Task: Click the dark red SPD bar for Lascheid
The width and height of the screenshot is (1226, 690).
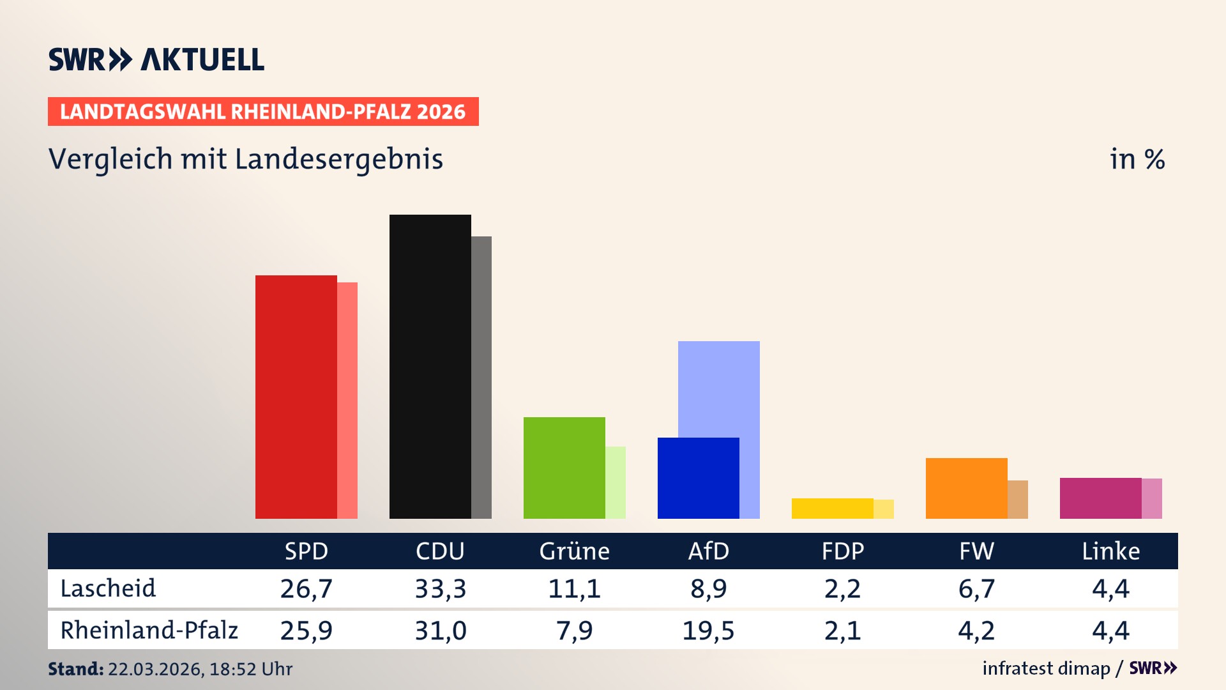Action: point(296,396)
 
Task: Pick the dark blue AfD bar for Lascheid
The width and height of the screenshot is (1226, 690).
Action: point(698,478)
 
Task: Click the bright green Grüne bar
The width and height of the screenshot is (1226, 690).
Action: point(564,468)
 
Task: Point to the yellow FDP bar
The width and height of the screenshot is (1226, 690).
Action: point(832,508)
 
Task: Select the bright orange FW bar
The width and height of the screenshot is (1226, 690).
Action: point(966,488)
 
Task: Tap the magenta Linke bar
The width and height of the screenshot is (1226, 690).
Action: point(1100,498)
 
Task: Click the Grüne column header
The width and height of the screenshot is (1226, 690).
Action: point(574,551)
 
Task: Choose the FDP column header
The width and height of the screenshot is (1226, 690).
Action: point(842,551)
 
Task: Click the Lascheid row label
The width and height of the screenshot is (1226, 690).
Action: point(108,588)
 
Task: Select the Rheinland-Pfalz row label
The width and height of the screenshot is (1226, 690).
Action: point(149,630)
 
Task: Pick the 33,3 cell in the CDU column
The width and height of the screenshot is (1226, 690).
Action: point(440,588)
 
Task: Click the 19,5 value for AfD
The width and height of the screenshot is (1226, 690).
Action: point(708,631)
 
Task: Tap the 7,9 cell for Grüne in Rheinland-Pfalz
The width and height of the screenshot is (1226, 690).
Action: point(574,631)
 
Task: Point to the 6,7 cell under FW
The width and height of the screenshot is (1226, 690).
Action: point(976,588)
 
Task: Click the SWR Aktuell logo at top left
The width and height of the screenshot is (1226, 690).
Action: point(156,59)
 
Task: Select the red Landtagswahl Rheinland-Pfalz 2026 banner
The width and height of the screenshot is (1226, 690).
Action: point(263,111)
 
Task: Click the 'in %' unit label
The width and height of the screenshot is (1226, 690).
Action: point(1137,159)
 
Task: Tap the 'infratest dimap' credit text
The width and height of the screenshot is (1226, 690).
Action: point(1046,668)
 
